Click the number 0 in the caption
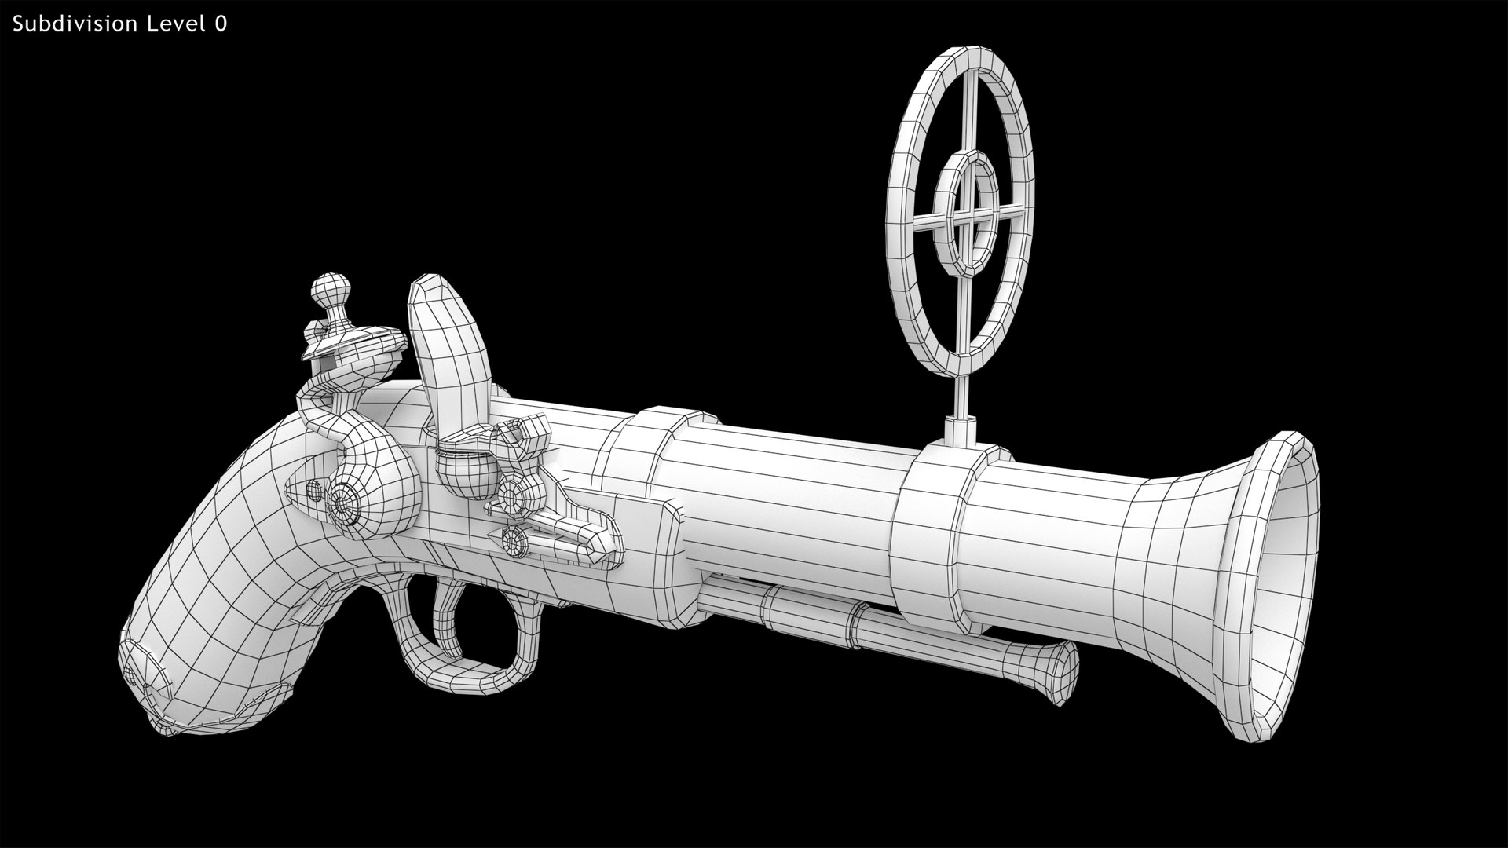coord(221,24)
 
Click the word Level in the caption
coord(174,24)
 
